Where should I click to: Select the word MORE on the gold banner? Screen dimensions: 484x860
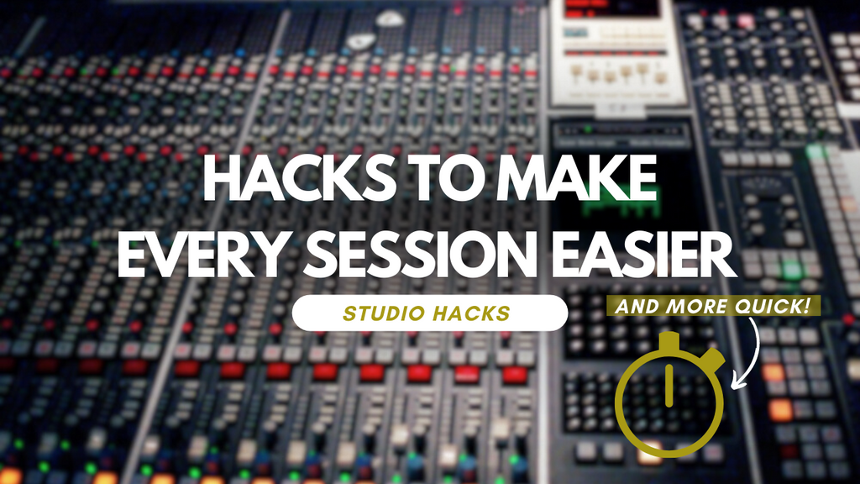695,306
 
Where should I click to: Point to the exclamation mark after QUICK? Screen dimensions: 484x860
808,304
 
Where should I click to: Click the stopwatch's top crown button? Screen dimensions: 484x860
669,341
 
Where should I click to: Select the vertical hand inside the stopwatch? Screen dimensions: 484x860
669,383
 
